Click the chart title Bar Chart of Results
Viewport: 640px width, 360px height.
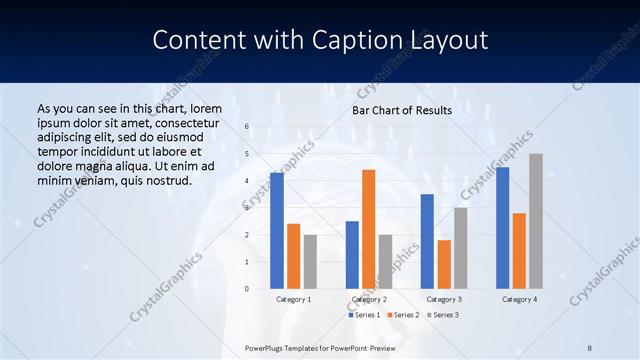[x=402, y=110]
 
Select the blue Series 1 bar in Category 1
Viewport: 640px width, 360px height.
[x=277, y=231]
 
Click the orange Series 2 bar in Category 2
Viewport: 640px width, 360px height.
[x=368, y=229]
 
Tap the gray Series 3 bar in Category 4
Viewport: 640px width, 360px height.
[x=536, y=221]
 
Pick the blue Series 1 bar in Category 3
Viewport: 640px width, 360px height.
[x=427, y=241]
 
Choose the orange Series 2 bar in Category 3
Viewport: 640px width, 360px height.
[x=444, y=264]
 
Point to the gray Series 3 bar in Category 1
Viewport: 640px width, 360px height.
[x=310, y=262]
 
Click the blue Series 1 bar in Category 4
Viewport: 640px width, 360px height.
[x=502, y=228]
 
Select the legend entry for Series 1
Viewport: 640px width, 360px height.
[x=364, y=315]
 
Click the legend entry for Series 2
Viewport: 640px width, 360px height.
[x=402, y=315]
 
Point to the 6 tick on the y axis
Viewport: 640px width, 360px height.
[x=247, y=127]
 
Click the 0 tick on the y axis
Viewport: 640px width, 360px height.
[x=247, y=289]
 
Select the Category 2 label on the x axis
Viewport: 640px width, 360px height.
[x=368, y=299]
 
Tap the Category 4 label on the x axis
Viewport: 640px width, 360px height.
[x=519, y=299]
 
